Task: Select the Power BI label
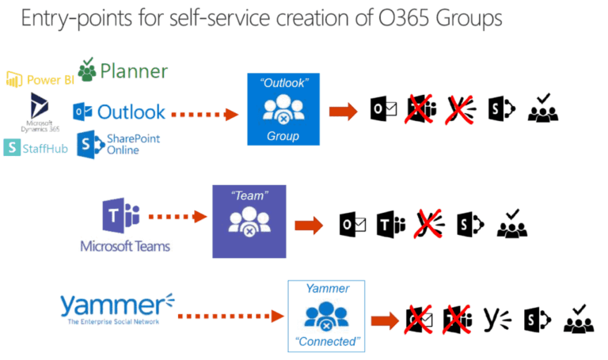pos(40,79)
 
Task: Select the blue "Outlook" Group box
pos(283,109)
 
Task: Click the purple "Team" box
pos(249,221)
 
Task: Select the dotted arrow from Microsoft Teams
pos(177,215)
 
